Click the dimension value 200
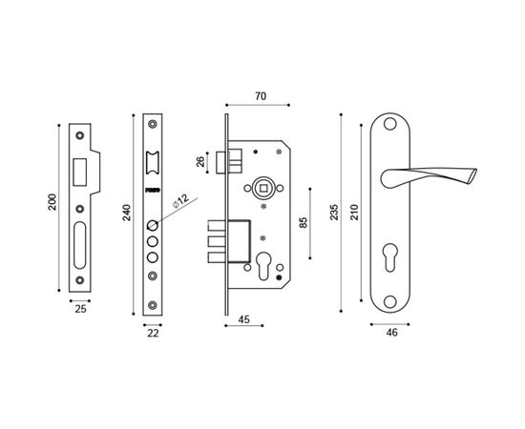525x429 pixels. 53,203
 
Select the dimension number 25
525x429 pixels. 81,308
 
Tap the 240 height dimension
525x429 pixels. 127,214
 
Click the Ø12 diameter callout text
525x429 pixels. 179,203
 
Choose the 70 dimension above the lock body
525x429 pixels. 259,95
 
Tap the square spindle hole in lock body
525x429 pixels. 262,190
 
